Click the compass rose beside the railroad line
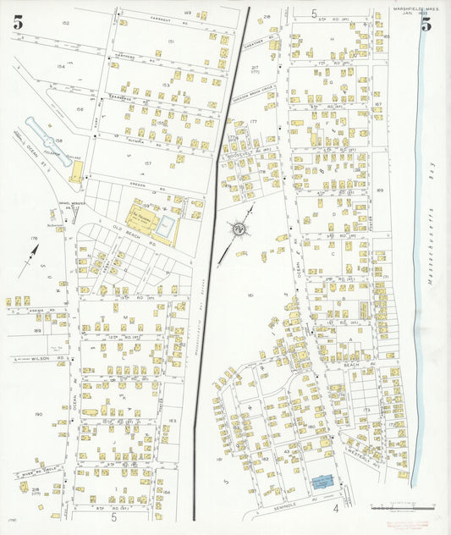pyautogui.click(x=239, y=228)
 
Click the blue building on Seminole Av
pyautogui.click(x=322, y=483)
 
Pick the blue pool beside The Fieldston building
pyautogui.click(x=166, y=225)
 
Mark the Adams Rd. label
pyautogui.click(x=34, y=311)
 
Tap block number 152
pyautogui.click(x=65, y=23)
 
